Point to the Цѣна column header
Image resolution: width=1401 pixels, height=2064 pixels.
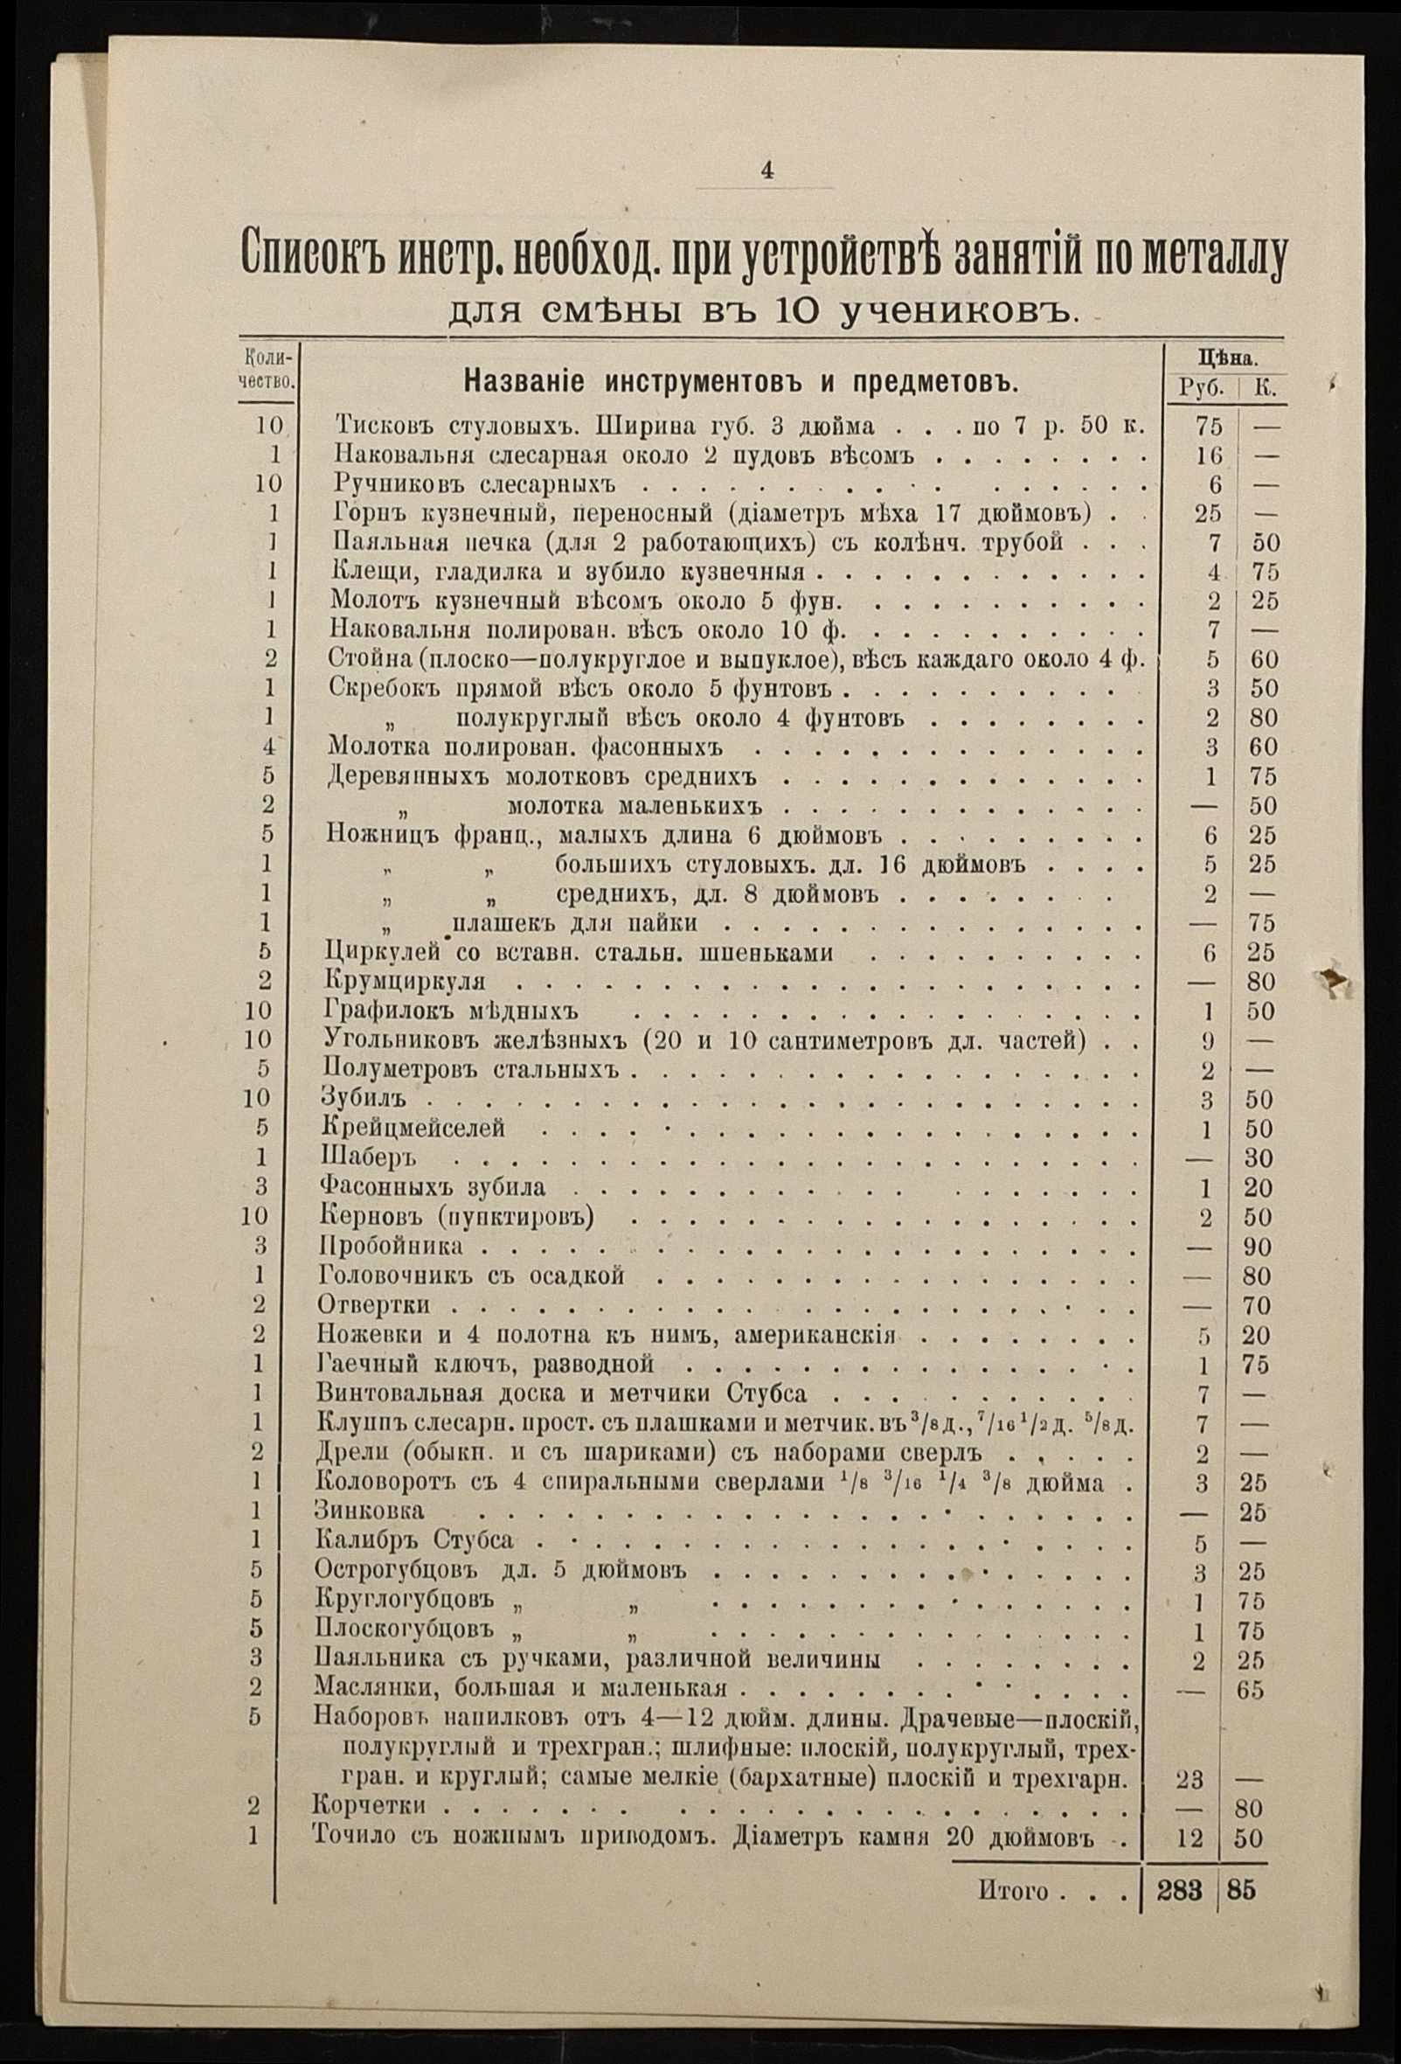point(1227,359)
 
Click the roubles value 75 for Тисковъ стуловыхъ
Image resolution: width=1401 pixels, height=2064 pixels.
point(1209,427)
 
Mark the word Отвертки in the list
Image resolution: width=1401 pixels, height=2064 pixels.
point(374,1305)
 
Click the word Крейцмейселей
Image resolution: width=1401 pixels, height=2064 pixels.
point(412,1129)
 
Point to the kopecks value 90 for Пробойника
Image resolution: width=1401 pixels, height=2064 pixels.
point(1257,1247)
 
